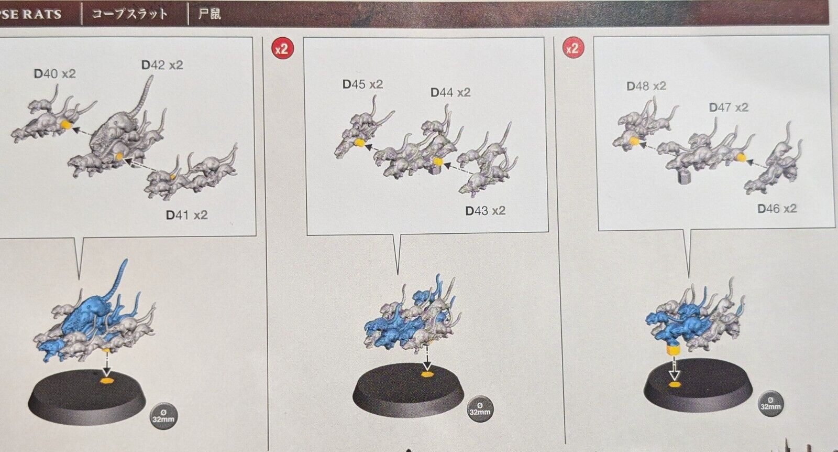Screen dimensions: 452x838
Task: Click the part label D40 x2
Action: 55,74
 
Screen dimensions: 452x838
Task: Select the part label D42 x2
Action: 162,65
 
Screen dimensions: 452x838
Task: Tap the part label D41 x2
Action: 186,215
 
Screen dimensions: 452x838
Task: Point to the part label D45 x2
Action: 362,84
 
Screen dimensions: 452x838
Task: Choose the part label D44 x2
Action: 450,92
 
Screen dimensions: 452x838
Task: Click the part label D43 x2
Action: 486,211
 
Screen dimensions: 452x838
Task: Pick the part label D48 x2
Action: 646,86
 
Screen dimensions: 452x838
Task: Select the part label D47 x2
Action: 729,107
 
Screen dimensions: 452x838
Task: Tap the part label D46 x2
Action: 777,209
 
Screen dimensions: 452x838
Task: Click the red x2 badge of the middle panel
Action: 282,49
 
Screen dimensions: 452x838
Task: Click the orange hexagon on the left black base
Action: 107,376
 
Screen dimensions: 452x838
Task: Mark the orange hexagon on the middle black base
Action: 427,374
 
